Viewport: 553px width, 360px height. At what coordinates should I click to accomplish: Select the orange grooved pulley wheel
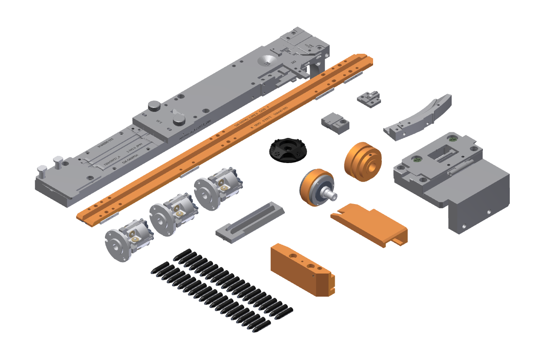tap(362, 161)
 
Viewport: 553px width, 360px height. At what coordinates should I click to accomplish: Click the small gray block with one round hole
tap(335, 122)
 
